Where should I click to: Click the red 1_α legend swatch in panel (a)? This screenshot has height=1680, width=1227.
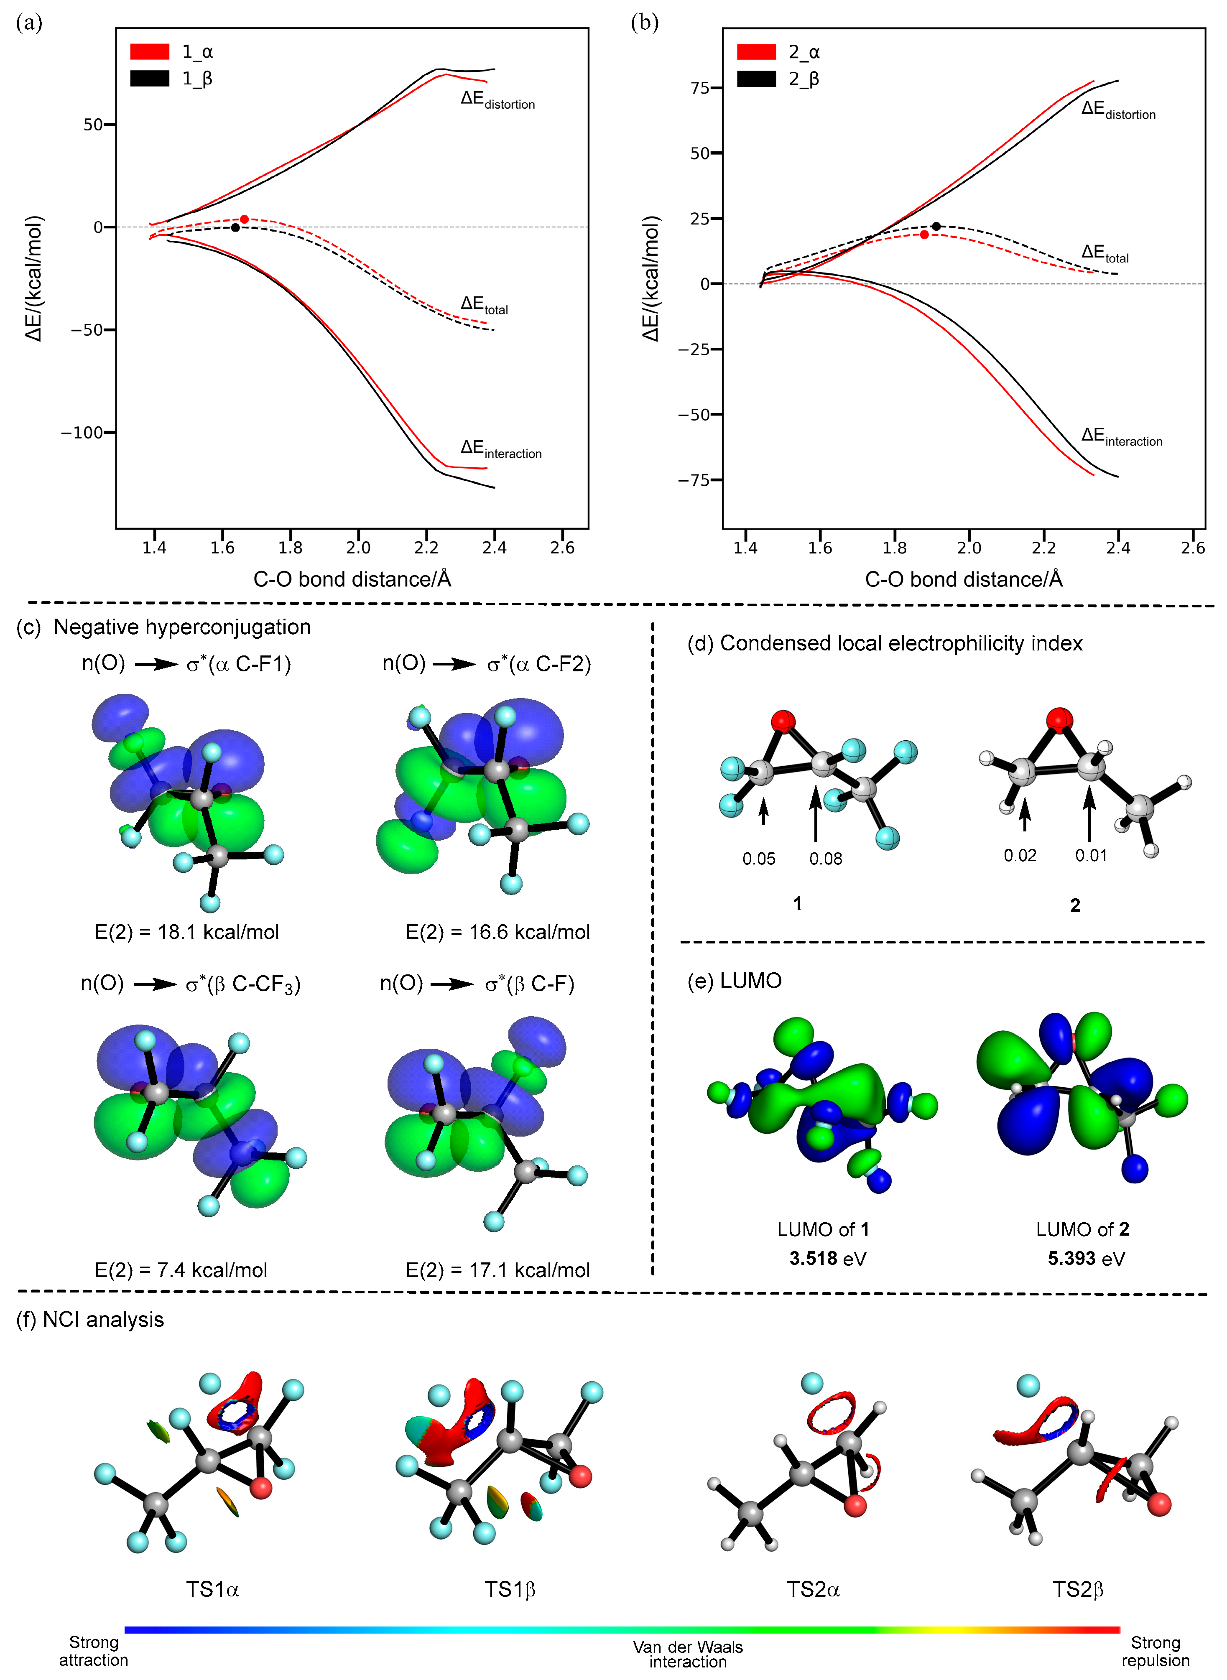(x=149, y=51)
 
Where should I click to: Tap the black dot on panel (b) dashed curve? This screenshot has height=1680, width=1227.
(x=936, y=226)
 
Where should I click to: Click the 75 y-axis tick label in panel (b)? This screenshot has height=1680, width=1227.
(x=700, y=88)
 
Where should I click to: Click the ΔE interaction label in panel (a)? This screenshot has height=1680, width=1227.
(x=500, y=449)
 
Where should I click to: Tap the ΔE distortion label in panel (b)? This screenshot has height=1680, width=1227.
(x=1118, y=110)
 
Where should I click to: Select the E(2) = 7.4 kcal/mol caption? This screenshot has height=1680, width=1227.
(x=181, y=1270)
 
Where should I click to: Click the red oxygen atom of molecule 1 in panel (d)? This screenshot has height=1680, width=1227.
(x=783, y=720)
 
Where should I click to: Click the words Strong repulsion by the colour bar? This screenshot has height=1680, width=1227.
(x=1155, y=1652)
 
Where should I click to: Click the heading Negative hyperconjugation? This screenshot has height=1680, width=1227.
(x=182, y=627)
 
